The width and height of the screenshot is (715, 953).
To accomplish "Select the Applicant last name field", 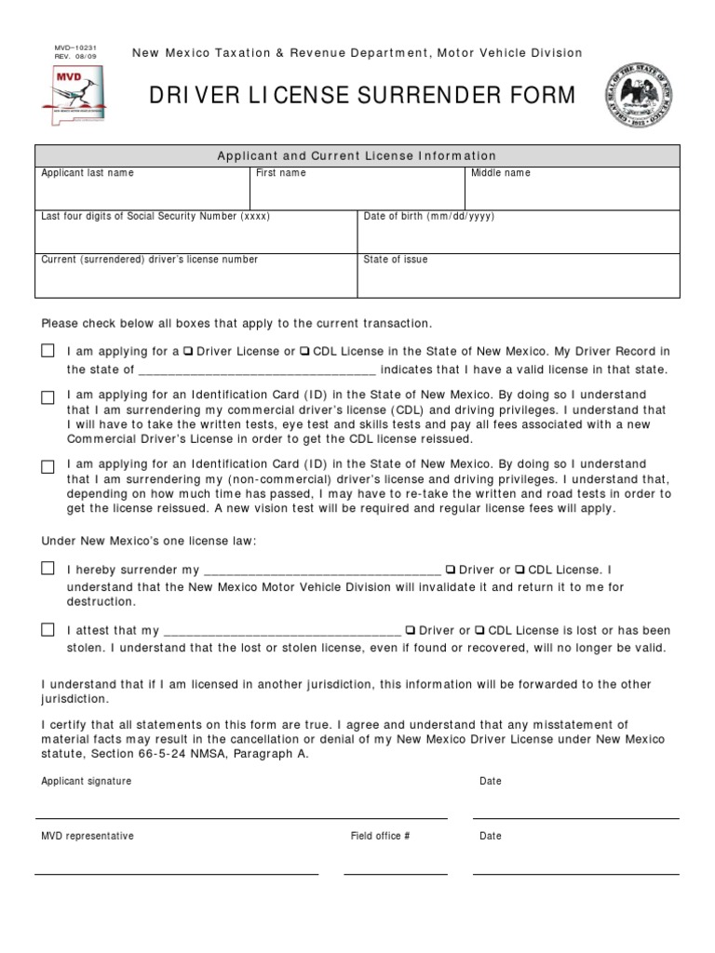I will pyautogui.click(x=142, y=194).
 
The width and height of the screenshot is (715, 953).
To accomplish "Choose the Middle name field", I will pyautogui.click(x=572, y=194).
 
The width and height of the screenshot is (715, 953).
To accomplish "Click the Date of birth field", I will pyautogui.click(x=518, y=236).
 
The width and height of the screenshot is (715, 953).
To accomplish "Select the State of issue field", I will pyautogui.click(x=518, y=279).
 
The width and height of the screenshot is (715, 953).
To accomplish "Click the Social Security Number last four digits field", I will pyautogui.click(x=196, y=236).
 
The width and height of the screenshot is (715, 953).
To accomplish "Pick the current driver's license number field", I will pyautogui.click(x=196, y=279).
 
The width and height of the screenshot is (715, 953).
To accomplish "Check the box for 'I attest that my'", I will pyautogui.click(x=47, y=630).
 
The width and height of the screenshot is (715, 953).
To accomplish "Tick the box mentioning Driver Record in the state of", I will pyautogui.click(x=47, y=352).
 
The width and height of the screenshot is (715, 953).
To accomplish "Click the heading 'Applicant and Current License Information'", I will pyautogui.click(x=357, y=155).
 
